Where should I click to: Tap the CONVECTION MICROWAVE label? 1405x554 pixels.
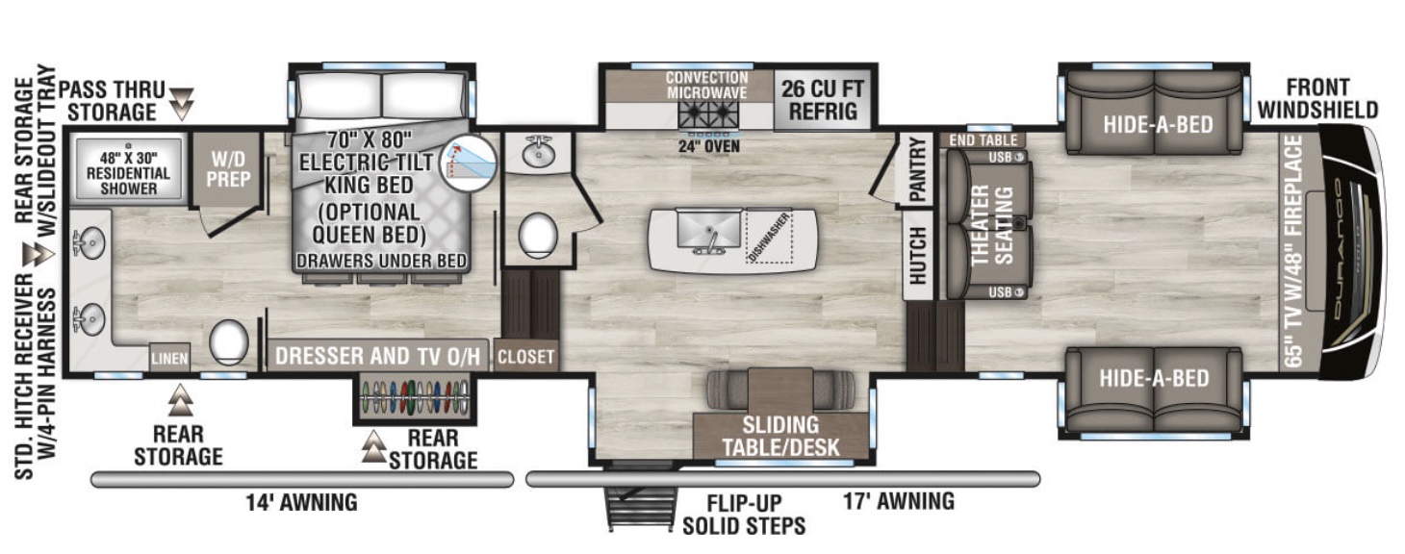coord(706,85)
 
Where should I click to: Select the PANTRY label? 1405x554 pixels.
coord(917,170)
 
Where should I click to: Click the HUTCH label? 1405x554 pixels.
coord(917,255)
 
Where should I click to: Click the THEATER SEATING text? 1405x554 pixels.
coord(991,223)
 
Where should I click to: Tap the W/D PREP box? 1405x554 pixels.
coord(227,169)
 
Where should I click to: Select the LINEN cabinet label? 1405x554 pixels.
coord(168,359)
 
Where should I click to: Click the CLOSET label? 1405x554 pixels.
coord(525,358)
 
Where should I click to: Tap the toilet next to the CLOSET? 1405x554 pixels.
coord(537,235)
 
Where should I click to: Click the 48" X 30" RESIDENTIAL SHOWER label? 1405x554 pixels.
coord(128,172)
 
